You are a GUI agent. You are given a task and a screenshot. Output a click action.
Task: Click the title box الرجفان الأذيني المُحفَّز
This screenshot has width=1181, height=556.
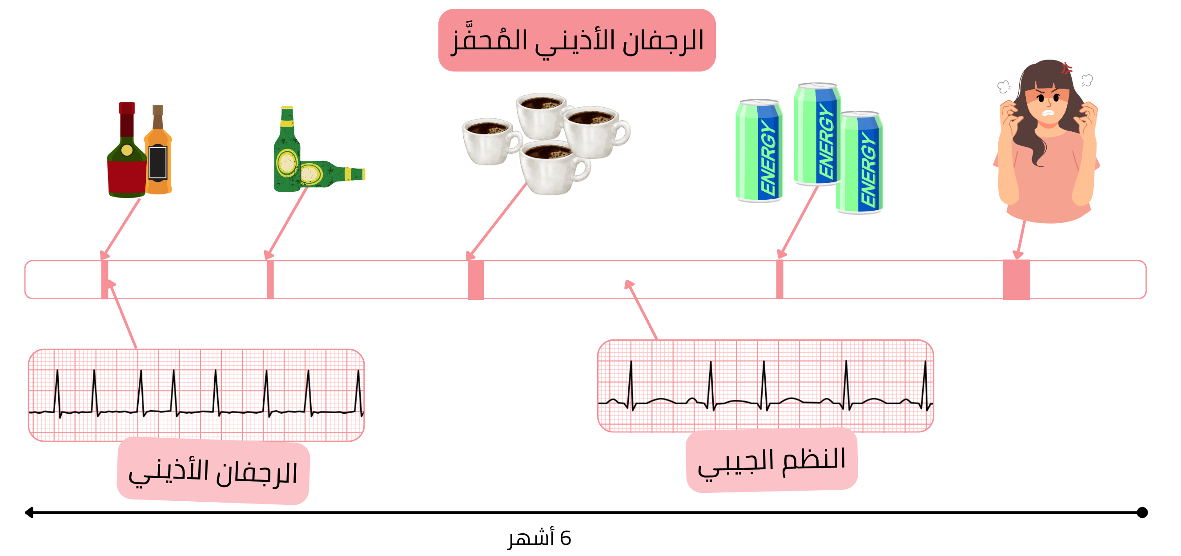point(576,40)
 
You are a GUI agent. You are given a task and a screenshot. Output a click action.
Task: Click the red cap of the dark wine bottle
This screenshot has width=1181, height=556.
point(127,108)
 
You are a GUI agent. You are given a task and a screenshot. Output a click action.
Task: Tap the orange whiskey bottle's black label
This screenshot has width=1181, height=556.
point(158,162)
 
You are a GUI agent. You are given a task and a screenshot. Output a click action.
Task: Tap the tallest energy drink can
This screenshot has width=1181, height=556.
point(817,134)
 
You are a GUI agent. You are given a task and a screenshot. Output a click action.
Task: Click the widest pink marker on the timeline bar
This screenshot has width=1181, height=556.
point(1016,279)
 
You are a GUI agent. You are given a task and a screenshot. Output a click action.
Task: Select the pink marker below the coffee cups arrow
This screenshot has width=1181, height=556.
point(475,279)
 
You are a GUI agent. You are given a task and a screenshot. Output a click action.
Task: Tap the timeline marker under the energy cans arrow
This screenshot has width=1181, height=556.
point(779,279)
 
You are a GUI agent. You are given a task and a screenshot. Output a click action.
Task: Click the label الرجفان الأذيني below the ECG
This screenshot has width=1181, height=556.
point(213,471)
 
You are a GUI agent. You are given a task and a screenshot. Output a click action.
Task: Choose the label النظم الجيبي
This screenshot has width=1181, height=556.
point(771,459)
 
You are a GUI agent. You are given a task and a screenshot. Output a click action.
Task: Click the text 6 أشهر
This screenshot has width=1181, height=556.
point(540,538)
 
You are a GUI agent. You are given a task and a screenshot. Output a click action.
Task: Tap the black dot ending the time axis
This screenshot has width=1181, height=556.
point(1142,512)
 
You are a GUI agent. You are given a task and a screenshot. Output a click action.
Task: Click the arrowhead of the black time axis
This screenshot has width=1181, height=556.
point(29,512)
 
